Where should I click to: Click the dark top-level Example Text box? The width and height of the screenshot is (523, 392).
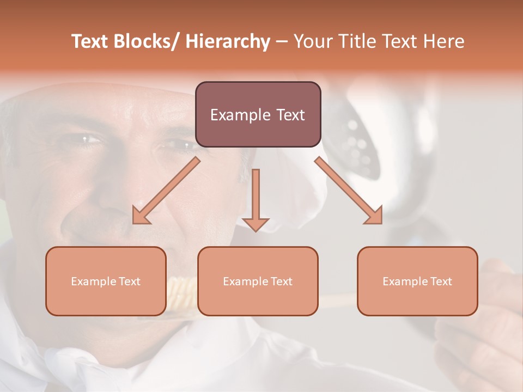pos(258,114)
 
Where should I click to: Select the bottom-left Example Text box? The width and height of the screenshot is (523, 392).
pos(106,281)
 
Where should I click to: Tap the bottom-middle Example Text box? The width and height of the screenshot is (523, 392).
pos(258,281)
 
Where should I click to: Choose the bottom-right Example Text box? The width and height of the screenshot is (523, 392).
pos(417,281)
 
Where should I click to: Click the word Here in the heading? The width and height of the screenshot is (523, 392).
pos(443,41)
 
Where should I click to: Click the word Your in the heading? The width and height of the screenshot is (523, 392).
pos(312,41)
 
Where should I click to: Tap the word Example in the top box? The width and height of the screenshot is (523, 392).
pos(240,115)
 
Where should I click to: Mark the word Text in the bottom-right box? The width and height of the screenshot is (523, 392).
pos(440,281)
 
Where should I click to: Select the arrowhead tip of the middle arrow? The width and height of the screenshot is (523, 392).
pos(256,231)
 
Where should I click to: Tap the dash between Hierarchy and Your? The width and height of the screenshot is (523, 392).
pos(282,41)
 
